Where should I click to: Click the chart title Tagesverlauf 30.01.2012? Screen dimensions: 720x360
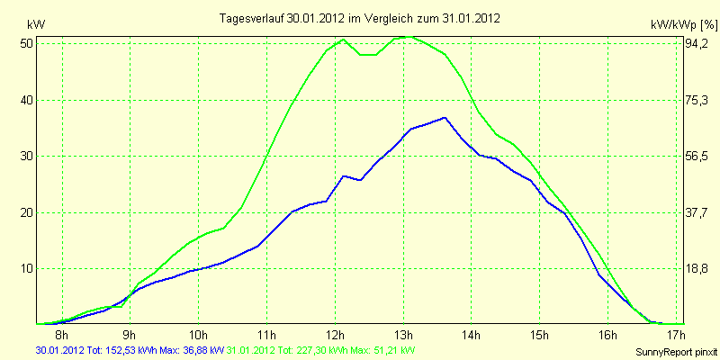click(x=283, y=18)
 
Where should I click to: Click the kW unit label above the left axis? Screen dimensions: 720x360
click(x=36, y=24)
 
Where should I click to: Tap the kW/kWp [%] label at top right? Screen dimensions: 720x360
click(x=684, y=24)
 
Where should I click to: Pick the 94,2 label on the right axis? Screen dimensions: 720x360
click(x=695, y=44)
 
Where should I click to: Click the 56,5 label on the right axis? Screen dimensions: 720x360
click(x=695, y=157)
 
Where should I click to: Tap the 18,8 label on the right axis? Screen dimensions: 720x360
click(x=695, y=269)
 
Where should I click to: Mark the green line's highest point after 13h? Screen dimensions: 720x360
click(x=408, y=36)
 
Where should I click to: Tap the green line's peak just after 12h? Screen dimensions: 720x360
click(x=344, y=40)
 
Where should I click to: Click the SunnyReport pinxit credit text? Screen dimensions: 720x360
click(x=676, y=352)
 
